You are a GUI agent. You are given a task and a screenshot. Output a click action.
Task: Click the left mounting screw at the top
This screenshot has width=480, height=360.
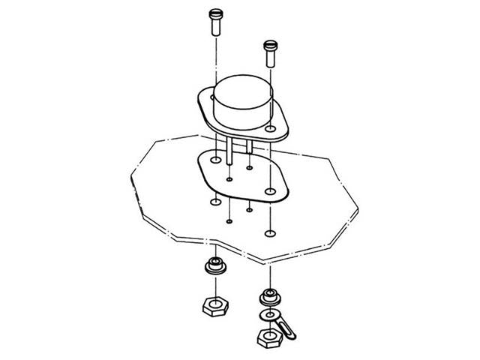click(214, 20)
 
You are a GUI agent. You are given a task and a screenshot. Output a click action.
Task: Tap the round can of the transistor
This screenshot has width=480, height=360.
click(240, 102)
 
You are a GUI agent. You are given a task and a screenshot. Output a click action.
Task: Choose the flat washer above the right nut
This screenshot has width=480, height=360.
click(268, 314)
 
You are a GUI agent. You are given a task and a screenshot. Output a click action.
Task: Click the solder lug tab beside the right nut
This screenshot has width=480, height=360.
click(284, 329)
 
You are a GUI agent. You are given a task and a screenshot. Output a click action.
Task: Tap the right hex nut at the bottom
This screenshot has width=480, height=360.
click(268, 337)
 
